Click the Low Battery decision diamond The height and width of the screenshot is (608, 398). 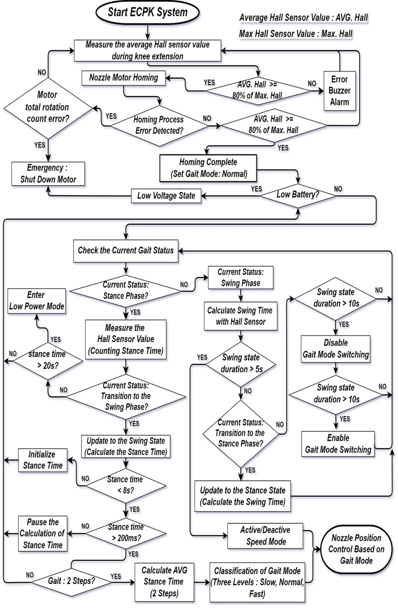pyautogui.click(x=298, y=195)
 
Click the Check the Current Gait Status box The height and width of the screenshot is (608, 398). pyautogui.click(x=126, y=250)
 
